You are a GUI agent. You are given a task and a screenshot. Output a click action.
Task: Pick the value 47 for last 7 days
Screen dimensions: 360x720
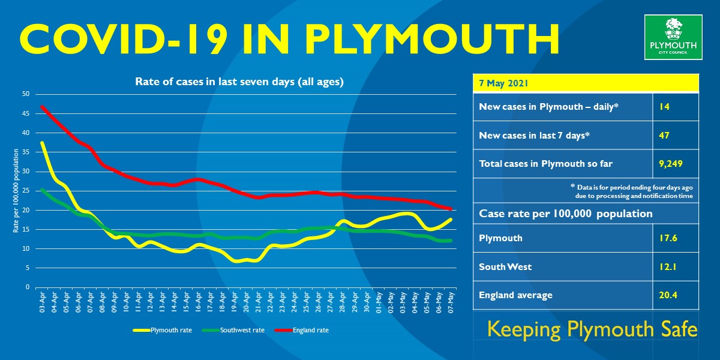(664, 136)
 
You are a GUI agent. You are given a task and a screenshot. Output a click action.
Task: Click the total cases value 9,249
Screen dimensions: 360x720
(669, 164)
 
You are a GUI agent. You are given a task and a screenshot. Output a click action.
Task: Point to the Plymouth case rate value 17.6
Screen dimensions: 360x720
(667, 238)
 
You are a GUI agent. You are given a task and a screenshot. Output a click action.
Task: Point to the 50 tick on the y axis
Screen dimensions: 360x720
(26, 94)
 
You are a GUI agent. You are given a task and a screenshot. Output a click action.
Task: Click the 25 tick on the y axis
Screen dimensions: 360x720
(26, 191)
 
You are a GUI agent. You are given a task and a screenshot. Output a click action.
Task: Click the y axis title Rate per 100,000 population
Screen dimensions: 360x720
(16, 191)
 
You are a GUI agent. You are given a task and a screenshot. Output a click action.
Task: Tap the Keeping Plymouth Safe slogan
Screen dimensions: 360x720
(592, 329)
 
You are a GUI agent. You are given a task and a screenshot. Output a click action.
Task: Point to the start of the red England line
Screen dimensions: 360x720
(42, 107)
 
